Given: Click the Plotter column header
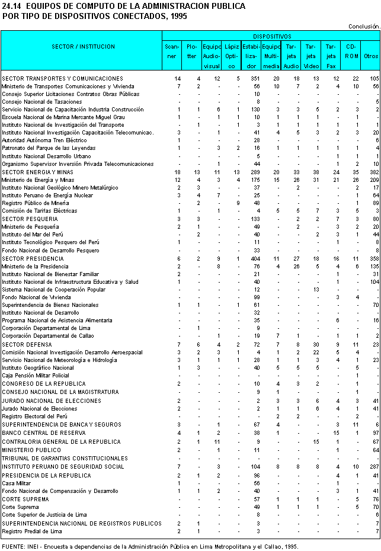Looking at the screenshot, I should coord(192,51).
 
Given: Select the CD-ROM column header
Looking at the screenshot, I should coord(352,51).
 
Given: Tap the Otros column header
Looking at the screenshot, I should coord(371,56).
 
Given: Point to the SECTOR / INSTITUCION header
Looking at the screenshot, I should coord(84,46).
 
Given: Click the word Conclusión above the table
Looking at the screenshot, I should coord(363,26).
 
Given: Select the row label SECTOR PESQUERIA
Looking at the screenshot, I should coord(30,219).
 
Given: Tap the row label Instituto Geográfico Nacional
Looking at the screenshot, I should coord(38,367).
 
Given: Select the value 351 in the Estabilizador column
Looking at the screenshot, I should coord(255,78).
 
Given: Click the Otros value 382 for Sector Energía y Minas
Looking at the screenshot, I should coord(373,172).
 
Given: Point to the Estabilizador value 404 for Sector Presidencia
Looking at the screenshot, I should coord(255,259).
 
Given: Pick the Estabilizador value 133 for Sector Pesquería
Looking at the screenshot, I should coord(255,219).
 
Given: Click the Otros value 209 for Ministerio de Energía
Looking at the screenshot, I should coord(373,180).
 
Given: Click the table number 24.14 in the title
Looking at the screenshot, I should coord(12,7).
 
